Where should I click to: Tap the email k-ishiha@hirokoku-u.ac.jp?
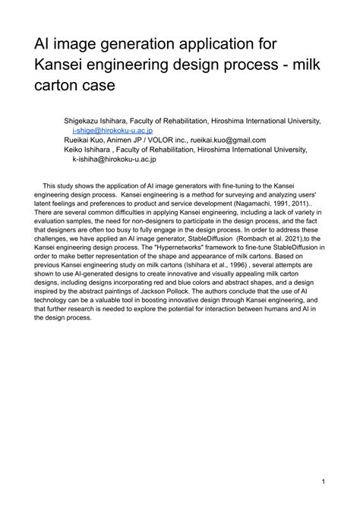coord(114,159)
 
